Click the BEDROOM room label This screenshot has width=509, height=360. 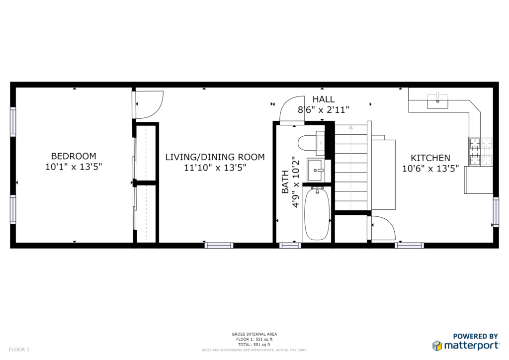pos(74,156)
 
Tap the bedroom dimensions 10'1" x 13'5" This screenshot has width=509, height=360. pos(74,167)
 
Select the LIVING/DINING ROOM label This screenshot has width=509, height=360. pos(215,157)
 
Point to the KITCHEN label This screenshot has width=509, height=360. pos(430,158)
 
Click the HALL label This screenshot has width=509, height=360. pos(323,99)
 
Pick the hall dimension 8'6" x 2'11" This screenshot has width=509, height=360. pos(323,110)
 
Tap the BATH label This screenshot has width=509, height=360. pos(285,182)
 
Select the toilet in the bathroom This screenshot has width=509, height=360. pos(311,143)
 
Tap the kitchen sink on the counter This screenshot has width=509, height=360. pos(437,101)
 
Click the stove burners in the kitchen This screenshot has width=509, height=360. pos(481,152)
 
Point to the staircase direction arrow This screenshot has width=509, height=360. pos(351,168)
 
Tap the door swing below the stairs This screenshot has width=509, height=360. pos(383,228)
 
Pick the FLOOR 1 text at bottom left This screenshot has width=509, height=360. pos(19,350)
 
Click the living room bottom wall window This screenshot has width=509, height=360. pos(219,246)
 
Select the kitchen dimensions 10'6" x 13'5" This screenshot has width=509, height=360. pos(430,169)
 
